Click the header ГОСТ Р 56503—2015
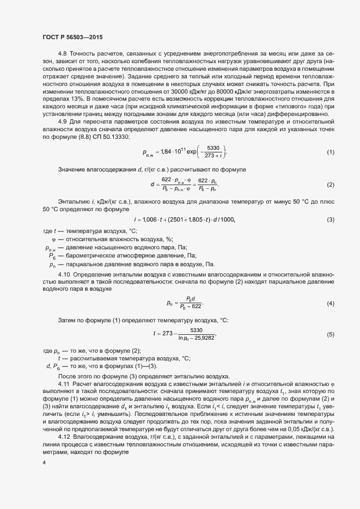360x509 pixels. [72, 38]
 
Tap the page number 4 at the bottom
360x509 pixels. [44, 463]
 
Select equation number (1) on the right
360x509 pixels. [331, 152]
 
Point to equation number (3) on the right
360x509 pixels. [331, 219]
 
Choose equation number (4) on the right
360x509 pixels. [331, 303]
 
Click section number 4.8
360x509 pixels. [62, 54]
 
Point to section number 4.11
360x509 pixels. [64, 385]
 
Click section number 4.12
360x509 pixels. [64, 437]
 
